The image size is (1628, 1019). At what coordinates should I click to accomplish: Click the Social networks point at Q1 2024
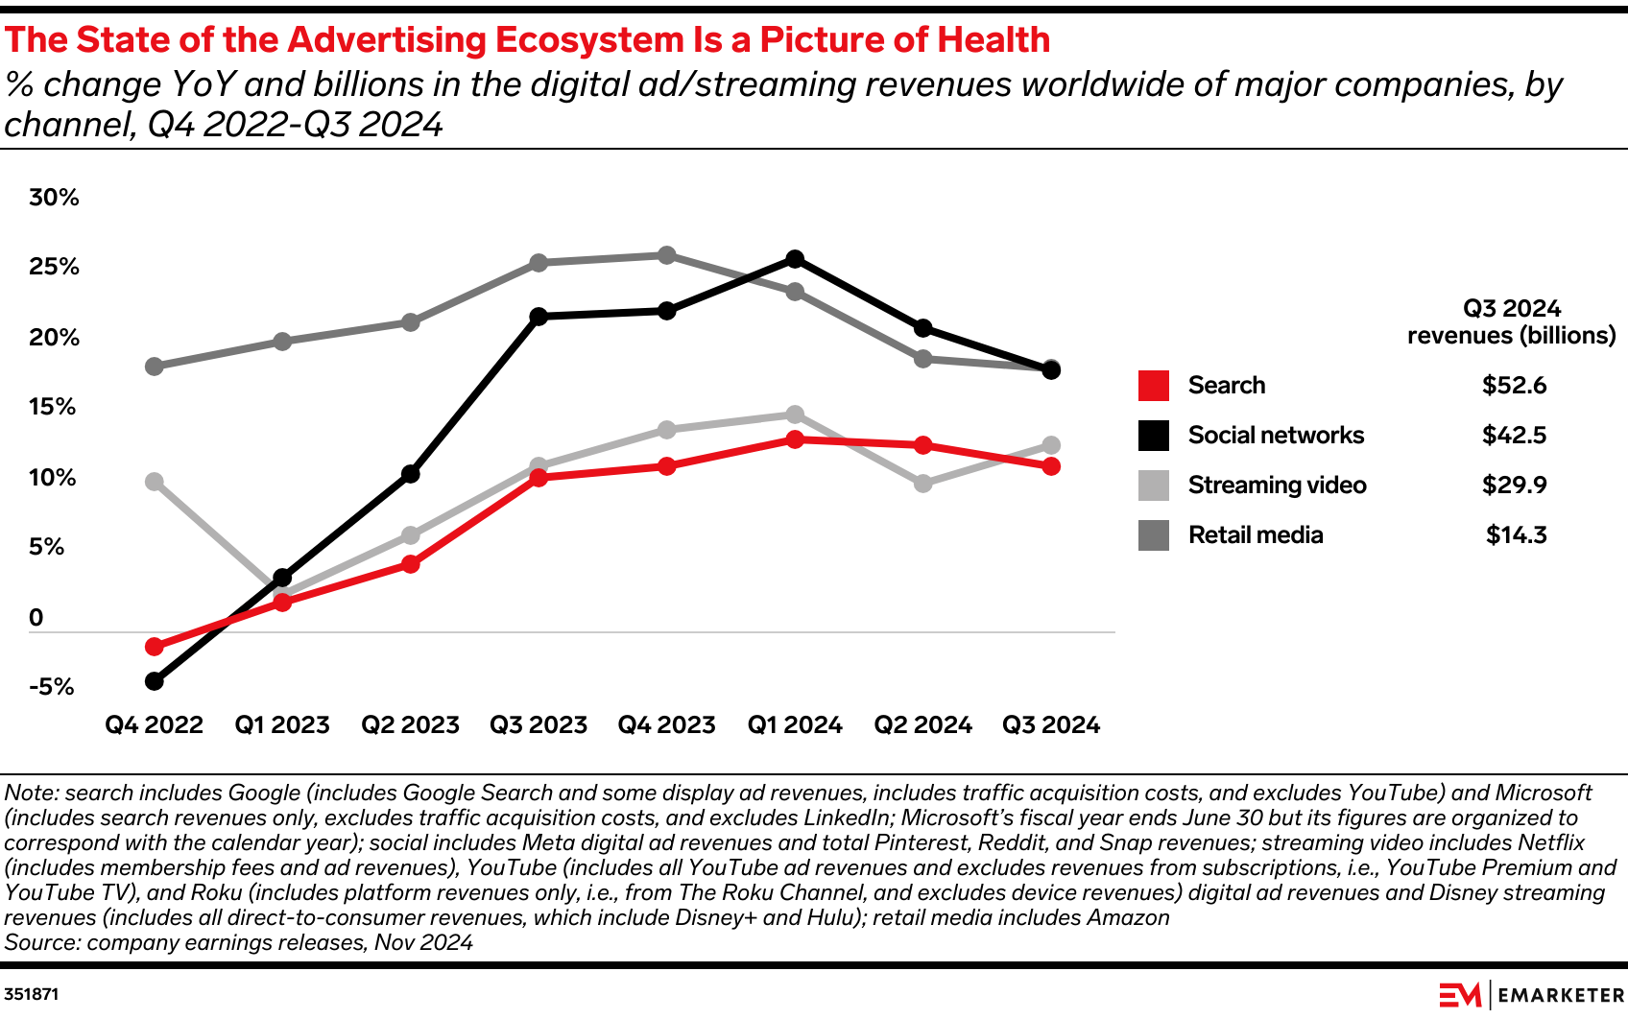coord(795,259)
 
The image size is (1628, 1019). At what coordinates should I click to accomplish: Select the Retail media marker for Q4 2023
coord(666,255)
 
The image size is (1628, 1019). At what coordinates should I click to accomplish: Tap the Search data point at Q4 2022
coord(154,647)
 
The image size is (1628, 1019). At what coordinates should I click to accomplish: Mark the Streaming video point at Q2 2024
coord(922,484)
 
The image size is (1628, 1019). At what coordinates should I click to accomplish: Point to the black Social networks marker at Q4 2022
coord(154,681)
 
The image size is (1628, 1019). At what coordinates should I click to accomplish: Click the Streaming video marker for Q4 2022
coord(154,482)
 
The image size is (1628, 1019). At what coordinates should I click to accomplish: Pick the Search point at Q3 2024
coord(1051,466)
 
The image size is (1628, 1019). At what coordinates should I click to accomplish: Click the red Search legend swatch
coord(1153,386)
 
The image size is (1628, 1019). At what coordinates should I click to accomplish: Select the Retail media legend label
coord(1255,535)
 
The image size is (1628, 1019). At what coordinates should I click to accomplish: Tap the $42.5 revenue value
coord(1514,436)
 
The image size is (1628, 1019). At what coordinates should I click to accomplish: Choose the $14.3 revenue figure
coord(1516,535)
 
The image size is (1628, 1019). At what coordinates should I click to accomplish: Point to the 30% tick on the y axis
coord(54,198)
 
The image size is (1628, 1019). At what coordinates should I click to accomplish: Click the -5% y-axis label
coord(52,687)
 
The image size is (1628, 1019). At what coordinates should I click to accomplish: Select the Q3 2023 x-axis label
coord(539,725)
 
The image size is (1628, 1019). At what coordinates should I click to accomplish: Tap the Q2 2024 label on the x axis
coord(922,725)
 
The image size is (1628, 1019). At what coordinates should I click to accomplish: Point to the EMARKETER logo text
coord(1560,996)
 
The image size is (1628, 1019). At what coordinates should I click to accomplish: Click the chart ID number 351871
coord(32,994)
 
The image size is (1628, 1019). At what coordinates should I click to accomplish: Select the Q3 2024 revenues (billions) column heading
coord(1511,322)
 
